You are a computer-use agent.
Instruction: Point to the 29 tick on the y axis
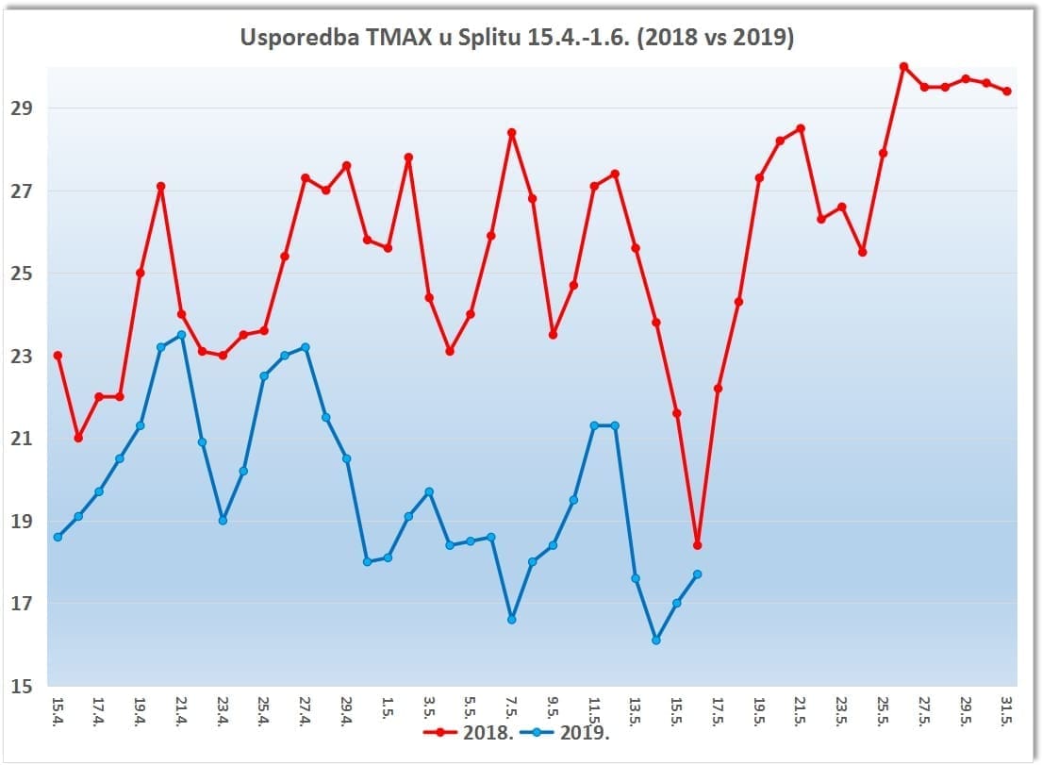[24, 108]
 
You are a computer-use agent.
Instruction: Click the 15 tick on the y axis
[24, 687]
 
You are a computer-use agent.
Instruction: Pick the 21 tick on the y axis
[24, 439]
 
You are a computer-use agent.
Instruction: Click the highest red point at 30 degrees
[903, 67]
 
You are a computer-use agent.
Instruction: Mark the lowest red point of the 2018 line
[697, 545]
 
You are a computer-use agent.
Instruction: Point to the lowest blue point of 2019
[656, 640]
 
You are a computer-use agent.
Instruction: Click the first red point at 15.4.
[58, 356]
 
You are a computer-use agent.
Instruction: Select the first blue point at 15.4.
[58, 537]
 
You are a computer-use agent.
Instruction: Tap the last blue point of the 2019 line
[697, 574]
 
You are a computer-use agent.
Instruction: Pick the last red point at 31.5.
[1007, 91]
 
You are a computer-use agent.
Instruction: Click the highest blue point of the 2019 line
[181, 335]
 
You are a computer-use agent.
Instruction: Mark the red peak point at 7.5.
[512, 133]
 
